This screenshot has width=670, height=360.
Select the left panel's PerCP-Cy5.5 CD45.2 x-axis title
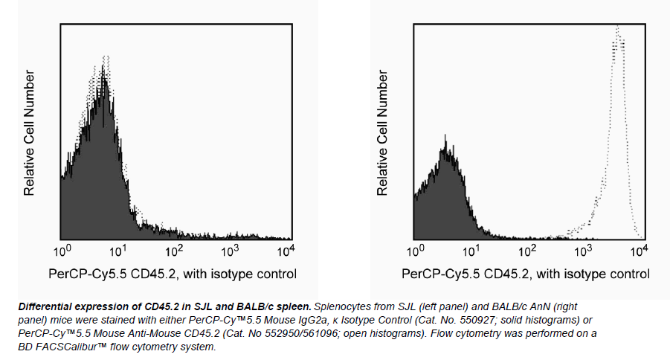pos(173,274)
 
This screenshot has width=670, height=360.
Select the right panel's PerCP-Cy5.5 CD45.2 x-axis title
pos(525,274)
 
